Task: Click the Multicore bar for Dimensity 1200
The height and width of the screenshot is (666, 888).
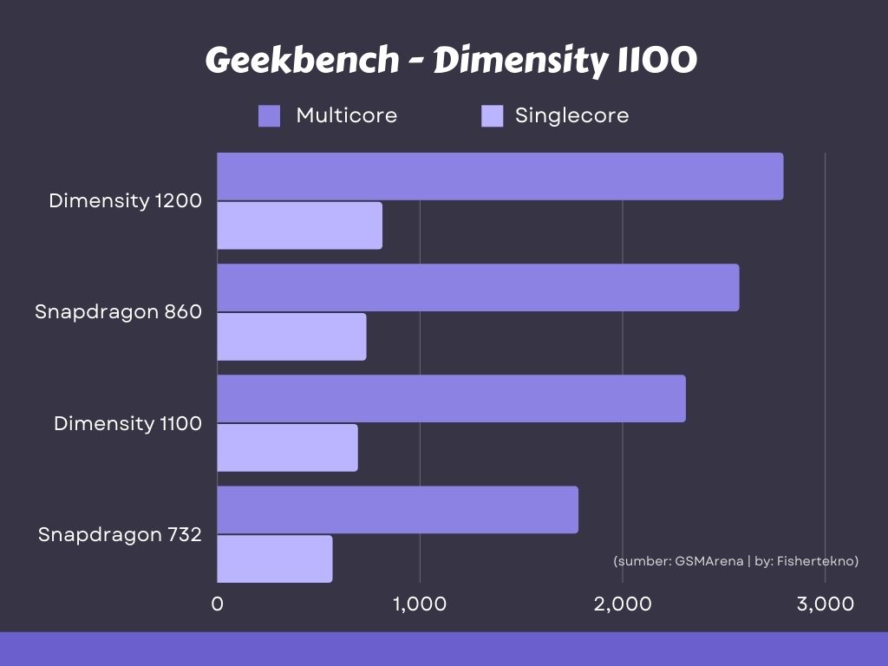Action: point(499,176)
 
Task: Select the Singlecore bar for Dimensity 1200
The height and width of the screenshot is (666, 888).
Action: point(299,225)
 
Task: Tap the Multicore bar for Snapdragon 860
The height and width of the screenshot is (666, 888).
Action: point(478,287)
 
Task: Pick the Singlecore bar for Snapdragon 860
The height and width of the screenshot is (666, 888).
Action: point(291,336)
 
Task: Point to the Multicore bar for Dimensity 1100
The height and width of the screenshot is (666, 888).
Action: point(451,398)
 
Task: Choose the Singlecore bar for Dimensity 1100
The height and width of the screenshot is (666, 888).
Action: point(287,447)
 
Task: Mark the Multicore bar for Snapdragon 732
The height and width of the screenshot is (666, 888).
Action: point(397,509)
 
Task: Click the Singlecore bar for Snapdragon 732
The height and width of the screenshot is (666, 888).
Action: point(274,558)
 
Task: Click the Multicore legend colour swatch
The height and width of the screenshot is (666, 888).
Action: point(270,116)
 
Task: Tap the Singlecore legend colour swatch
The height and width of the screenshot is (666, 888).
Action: point(493,116)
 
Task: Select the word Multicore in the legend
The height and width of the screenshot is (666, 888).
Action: point(346,115)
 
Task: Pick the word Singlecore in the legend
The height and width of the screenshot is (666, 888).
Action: point(571,115)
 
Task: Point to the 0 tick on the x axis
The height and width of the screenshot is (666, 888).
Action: point(218,604)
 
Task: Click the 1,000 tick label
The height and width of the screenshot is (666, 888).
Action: point(420,604)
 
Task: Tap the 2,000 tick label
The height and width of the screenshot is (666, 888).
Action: point(623,604)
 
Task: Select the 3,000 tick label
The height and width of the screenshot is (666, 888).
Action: point(826,604)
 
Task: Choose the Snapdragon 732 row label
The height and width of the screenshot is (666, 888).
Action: point(120,534)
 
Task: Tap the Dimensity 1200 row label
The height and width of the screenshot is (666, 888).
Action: point(125,201)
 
